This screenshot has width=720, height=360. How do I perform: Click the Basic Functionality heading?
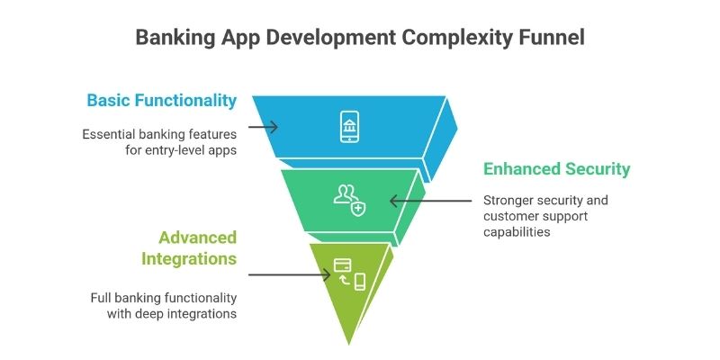click(x=161, y=100)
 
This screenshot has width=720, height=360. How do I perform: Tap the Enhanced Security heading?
click(x=557, y=169)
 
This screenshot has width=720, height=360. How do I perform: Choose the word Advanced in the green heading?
click(x=197, y=238)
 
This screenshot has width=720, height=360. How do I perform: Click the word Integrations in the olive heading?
click(x=188, y=259)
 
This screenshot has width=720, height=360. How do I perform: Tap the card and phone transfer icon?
click(x=349, y=274)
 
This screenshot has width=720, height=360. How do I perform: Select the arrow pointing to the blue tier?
click(x=263, y=127)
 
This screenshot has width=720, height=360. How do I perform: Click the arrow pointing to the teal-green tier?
click(x=432, y=201)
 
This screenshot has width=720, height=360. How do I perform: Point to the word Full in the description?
click(x=103, y=298)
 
